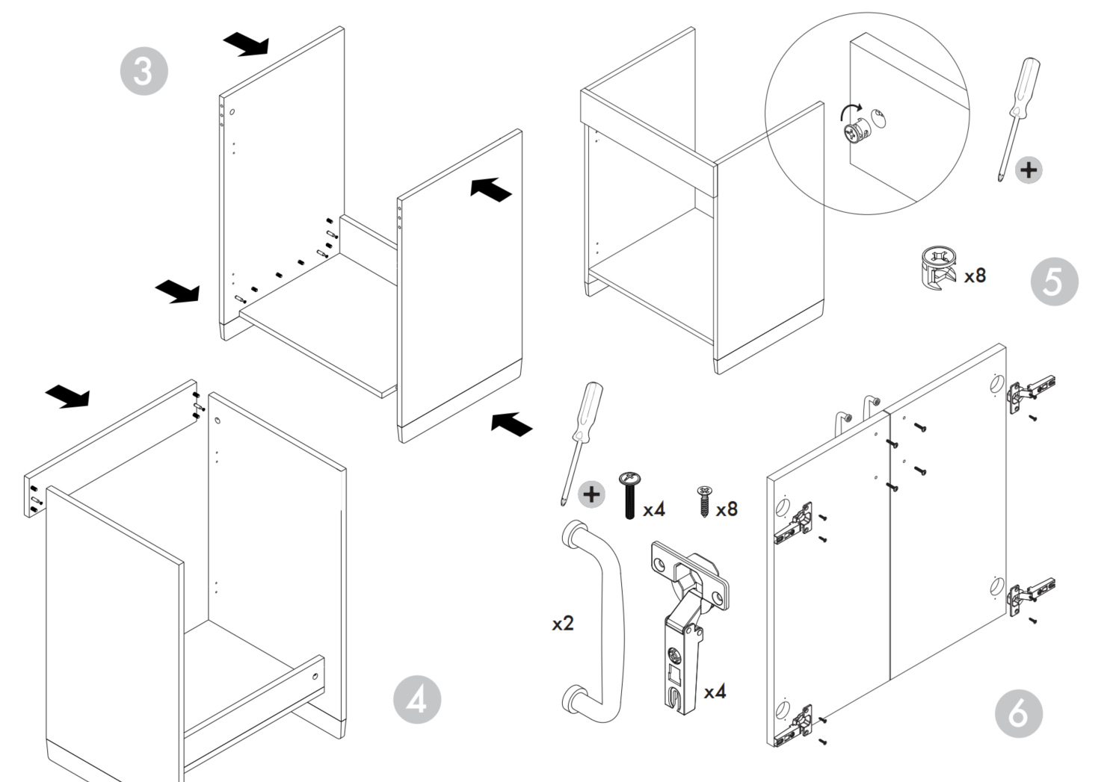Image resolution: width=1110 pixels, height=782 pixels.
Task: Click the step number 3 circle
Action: (x=144, y=71)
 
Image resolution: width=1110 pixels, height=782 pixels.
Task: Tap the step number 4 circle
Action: (x=416, y=700)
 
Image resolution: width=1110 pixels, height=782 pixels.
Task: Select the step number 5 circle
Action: (x=1054, y=282)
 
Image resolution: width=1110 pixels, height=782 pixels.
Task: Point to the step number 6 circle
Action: (x=1018, y=713)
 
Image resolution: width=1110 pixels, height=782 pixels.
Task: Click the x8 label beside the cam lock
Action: (x=975, y=276)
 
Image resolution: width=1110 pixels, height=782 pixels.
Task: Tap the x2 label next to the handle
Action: (x=563, y=623)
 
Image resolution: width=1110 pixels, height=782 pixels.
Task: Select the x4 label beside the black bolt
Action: (x=653, y=509)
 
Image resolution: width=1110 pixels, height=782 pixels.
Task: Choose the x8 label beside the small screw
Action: (x=727, y=509)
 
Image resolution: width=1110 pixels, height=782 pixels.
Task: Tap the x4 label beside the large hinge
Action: (x=715, y=692)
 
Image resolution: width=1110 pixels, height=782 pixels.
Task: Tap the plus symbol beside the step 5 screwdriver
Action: (x=1029, y=170)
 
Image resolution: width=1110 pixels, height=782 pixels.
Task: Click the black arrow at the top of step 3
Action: (x=246, y=43)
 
